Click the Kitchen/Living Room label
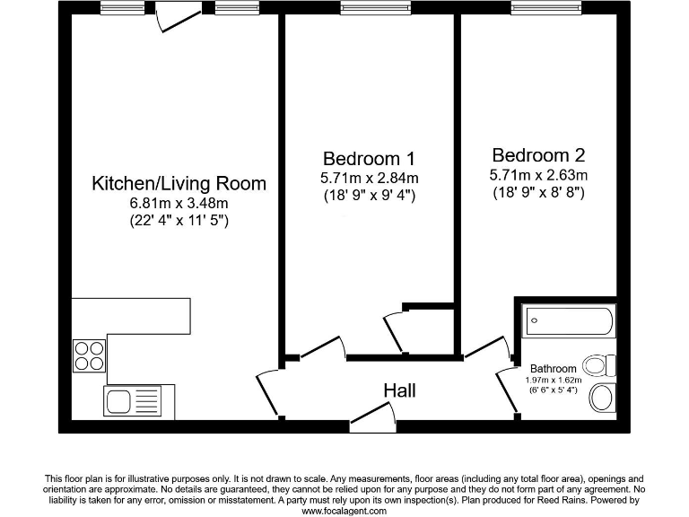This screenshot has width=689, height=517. click(179, 184)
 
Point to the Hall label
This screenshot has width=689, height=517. click(399, 391)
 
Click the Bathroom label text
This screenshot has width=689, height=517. click(553, 369)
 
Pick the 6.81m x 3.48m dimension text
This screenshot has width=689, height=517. click(179, 204)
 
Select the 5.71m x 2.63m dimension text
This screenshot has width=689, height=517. click(538, 174)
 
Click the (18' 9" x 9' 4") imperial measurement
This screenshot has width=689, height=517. click(368, 195)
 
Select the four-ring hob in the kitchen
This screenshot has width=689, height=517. click(88, 355)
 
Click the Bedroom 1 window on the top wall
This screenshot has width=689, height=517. click(369, 9)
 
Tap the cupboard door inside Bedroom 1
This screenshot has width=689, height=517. click(392, 329)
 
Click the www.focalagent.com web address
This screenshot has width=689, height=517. click(344, 510)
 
